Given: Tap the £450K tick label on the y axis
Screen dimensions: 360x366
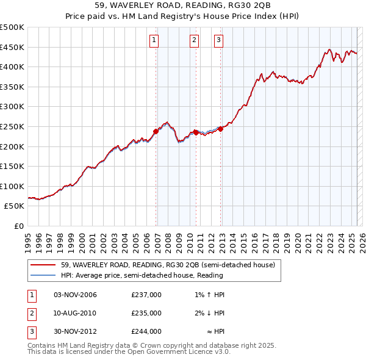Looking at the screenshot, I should click(x=12, y=47).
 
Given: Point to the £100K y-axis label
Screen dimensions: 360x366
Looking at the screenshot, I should click(x=12, y=186).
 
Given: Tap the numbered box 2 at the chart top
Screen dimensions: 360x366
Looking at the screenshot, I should click(x=194, y=41).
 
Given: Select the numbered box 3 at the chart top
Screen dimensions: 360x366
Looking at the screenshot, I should click(x=218, y=41).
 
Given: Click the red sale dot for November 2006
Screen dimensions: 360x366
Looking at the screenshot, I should click(x=156, y=131).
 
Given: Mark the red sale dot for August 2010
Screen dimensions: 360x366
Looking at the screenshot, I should click(x=196, y=132).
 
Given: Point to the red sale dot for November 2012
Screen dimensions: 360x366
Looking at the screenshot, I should click(x=221, y=129).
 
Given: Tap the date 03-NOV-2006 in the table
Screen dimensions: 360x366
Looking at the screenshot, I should click(x=76, y=295).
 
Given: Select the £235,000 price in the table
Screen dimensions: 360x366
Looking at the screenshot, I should click(x=146, y=313).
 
